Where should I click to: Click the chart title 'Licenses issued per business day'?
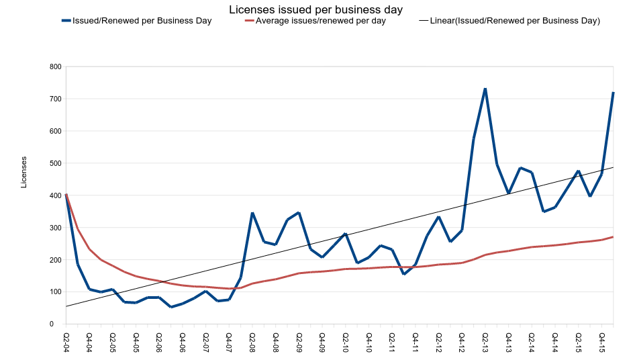(316, 9)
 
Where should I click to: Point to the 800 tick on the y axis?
(55, 67)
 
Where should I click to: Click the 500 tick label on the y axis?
(55, 163)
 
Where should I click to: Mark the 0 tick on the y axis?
(59, 324)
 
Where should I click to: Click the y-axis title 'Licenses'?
(24, 172)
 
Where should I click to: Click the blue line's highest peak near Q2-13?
(485, 89)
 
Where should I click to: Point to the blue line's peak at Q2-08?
(252, 213)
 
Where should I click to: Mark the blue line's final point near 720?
(613, 93)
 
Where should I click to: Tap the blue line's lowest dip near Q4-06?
(171, 307)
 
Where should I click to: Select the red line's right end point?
(613, 236)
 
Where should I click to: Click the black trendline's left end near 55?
(66, 306)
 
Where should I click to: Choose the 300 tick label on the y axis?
(55, 228)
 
